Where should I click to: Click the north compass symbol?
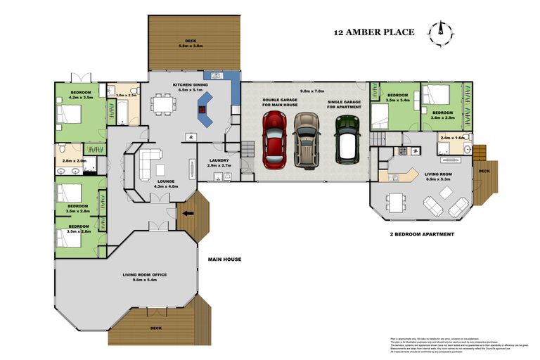point(442,30)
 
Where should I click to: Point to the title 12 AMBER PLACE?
point(373,32)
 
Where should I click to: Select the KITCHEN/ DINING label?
point(188,85)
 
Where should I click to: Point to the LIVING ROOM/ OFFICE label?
point(145,275)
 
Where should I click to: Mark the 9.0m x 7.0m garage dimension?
point(311,91)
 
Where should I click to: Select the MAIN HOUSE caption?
point(224,259)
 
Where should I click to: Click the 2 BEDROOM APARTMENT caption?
point(421,234)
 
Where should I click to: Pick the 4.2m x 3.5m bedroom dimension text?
point(82,98)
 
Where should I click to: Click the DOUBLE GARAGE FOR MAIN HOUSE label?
point(279,103)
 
